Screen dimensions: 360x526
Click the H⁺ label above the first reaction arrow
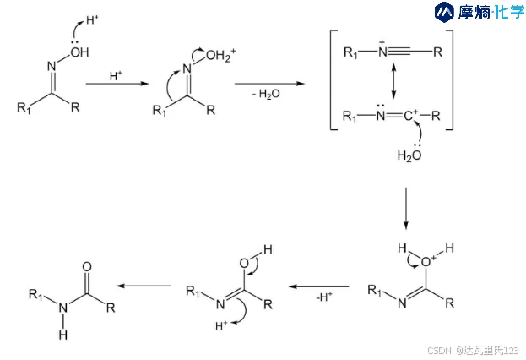point(117,76)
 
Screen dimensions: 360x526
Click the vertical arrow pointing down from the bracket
point(406,208)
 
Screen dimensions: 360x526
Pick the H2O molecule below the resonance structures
point(409,155)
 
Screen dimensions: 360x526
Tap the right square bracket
point(450,80)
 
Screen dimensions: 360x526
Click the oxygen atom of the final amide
point(88,266)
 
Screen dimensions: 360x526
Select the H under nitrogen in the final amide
point(62,335)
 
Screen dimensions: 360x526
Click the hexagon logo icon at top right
point(444,12)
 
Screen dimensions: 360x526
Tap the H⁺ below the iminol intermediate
point(224,324)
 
